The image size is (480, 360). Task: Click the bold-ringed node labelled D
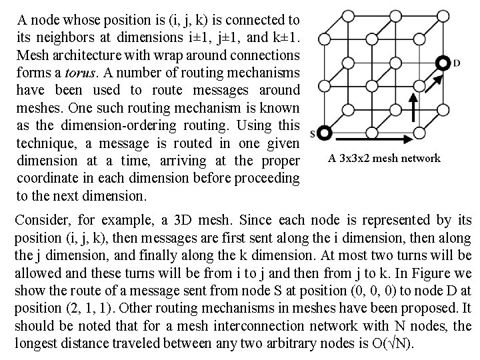click(442, 63)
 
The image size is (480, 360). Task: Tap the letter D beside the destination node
click(457, 64)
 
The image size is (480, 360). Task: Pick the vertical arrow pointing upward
click(413, 109)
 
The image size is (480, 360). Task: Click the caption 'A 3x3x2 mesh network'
click(384, 158)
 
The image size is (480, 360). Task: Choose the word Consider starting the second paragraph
click(39, 220)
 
